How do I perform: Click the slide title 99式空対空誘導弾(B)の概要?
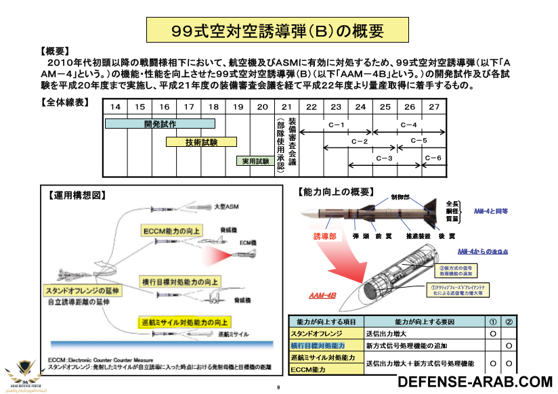(x=278, y=30)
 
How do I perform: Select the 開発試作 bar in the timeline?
(x=160, y=124)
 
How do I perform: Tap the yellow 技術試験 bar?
(x=201, y=142)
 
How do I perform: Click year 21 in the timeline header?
(x=286, y=106)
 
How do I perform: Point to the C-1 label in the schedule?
(x=337, y=125)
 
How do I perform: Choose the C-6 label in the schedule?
(x=433, y=158)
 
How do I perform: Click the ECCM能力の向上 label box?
(x=172, y=231)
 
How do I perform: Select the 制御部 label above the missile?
(x=400, y=197)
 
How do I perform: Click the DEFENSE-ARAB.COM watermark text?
(x=475, y=381)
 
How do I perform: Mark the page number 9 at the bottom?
(x=278, y=387)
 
